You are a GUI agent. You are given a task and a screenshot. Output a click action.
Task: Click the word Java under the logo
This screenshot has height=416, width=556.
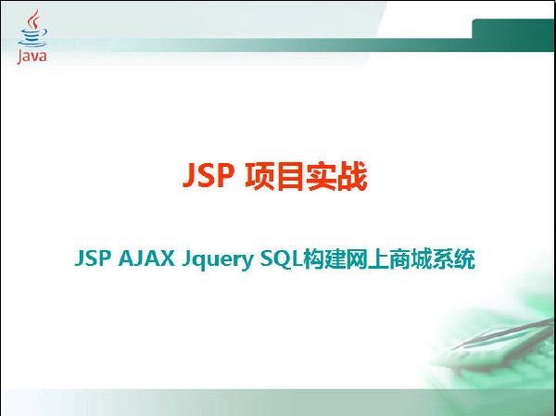pyautogui.click(x=32, y=57)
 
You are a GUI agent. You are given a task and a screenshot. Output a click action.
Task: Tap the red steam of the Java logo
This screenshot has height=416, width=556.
pyautogui.click(x=34, y=19)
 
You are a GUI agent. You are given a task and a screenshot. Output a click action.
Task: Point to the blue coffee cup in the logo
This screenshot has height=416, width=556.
pyautogui.click(x=32, y=38)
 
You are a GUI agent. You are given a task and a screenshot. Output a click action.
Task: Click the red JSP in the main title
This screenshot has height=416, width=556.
pyautogui.click(x=208, y=175)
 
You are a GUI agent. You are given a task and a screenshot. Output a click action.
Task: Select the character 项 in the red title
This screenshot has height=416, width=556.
pyautogui.click(x=259, y=176)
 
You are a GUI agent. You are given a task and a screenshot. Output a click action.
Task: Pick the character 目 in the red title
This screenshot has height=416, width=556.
pyautogui.click(x=290, y=176)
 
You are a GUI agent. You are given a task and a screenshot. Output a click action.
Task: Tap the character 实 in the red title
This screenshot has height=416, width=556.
pyautogui.click(x=321, y=176)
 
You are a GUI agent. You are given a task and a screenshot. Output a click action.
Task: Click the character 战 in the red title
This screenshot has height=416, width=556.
pyautogui.click(x=351, y=176)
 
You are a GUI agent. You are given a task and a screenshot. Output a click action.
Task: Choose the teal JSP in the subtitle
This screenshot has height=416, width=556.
pyautogui.click(x=93, y=258)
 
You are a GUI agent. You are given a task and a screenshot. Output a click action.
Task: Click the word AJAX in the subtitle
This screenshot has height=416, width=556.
pyautogui.click(x=146, y=258)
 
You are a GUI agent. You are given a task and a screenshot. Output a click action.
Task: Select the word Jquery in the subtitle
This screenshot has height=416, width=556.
pyautogui.click(x=218, y=260)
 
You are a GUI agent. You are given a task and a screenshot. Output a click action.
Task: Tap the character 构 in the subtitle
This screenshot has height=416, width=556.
pyautogui.click(x=314, y=259)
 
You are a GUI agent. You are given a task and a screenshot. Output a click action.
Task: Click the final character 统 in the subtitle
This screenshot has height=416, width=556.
pyautogui.click(x=464, y=259)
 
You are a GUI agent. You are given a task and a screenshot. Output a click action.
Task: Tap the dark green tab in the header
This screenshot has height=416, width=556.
pyautogui.click(x=512, y=35)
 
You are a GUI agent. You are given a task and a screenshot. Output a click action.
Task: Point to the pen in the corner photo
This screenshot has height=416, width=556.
pyautogui.click(x=503, y=334)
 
